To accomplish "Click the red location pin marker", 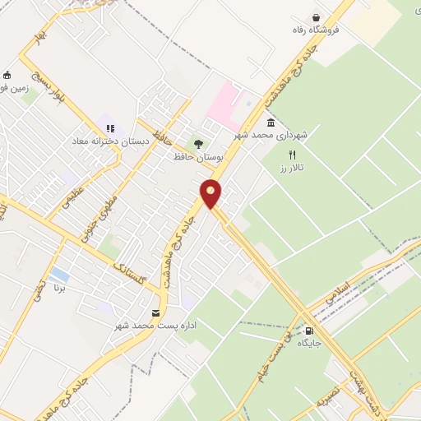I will tap(211, 192).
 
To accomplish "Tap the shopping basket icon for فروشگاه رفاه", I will tap(316, 17).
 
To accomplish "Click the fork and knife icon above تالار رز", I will tap(291, 155).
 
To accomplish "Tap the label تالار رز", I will tap(290, 168).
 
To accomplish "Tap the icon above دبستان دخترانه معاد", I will tap(110, 128).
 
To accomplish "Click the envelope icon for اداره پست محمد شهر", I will tap(155, 313).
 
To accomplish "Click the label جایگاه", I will tap(308, 343).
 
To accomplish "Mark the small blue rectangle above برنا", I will tap(58, 273).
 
